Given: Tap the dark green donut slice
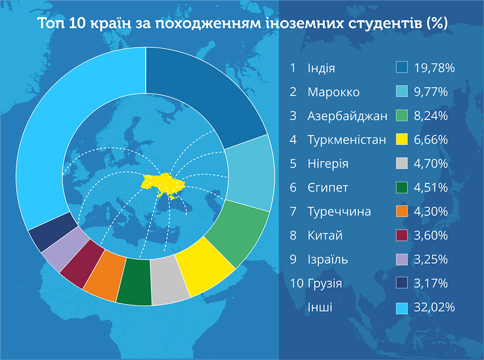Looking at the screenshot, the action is click(135, 281).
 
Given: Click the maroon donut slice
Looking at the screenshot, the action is click(82, 263).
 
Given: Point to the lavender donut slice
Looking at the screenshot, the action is click(66, 248).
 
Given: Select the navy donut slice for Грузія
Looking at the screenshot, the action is click(52, 231).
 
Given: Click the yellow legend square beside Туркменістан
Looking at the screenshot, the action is click(402, 139).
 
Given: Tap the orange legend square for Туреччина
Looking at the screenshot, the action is click(402, 211).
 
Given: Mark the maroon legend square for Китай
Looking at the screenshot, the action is click(402, 235).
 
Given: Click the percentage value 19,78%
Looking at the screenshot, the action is click(434, 68).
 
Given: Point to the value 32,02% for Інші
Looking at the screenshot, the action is click(434, 307).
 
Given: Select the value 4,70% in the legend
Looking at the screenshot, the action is click(431, 164).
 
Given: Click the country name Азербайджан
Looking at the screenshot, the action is click(347, 116).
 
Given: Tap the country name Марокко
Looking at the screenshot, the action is click(333, 92).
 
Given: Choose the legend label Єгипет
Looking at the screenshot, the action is click(328, 188).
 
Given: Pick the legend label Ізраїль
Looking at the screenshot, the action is click(328, 259).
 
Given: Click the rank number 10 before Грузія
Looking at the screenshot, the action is click(297, 283).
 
